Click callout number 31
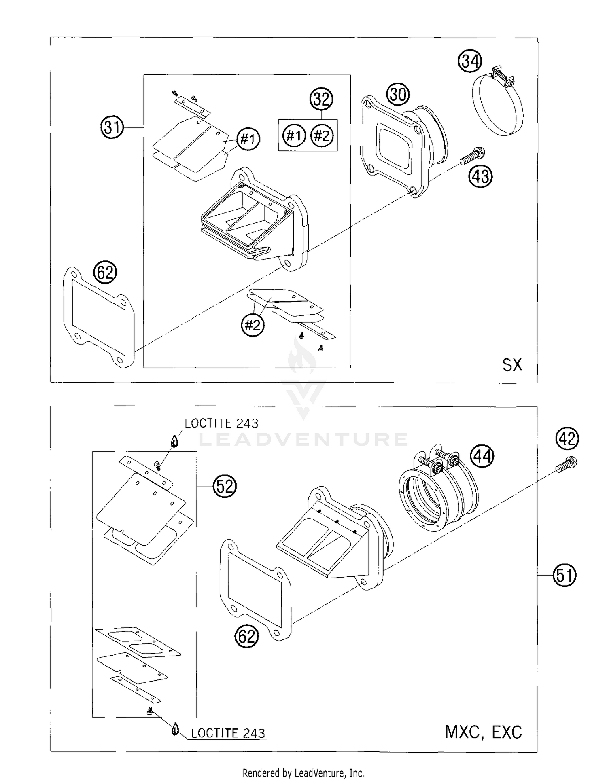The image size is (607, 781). [112, 127]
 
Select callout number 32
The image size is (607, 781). [321, 99]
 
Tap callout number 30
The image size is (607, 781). [398, 95]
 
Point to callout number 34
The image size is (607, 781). [470, 61]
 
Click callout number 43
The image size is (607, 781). [481, 177]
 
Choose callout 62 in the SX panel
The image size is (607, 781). [105, 273]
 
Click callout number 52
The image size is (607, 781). [225, 486]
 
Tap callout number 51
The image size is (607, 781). [565, 575]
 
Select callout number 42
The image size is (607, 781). [567, 438]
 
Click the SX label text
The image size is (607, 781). [512, 365]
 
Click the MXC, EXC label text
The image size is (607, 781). [483, 732]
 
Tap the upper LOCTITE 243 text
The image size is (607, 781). [221, 423]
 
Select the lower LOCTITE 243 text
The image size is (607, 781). [228, 733]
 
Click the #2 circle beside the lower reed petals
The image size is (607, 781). [253, 325]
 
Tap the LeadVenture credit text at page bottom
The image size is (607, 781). [303, 773]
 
